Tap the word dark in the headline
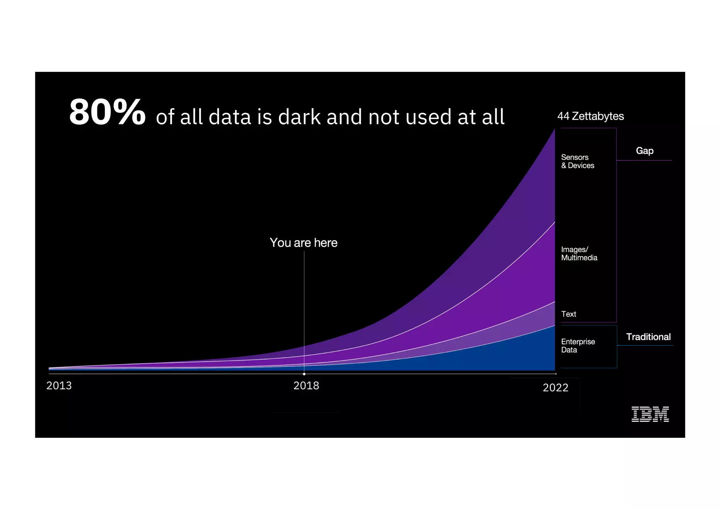click(x=299, y=117)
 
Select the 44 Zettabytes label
click(x=590, y=116)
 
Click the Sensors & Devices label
click(x=577, y=161)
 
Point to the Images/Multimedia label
click(x=579, y=254)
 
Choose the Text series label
click(x=569, y=314)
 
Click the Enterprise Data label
click(x=578, y=346)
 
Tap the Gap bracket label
click(x=645, y=151)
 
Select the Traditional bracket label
click(x=648, y=337)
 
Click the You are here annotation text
click(x=303, y=243)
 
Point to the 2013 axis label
click(x=59, y=386)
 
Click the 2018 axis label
click(x=306, y=386)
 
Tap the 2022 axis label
click(x=556, y=388)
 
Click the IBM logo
click(x=650, y=414)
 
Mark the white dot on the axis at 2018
click(x=304, y=374)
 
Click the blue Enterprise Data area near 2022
click(x=528, y=356)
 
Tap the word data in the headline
click(x=230, y=117)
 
